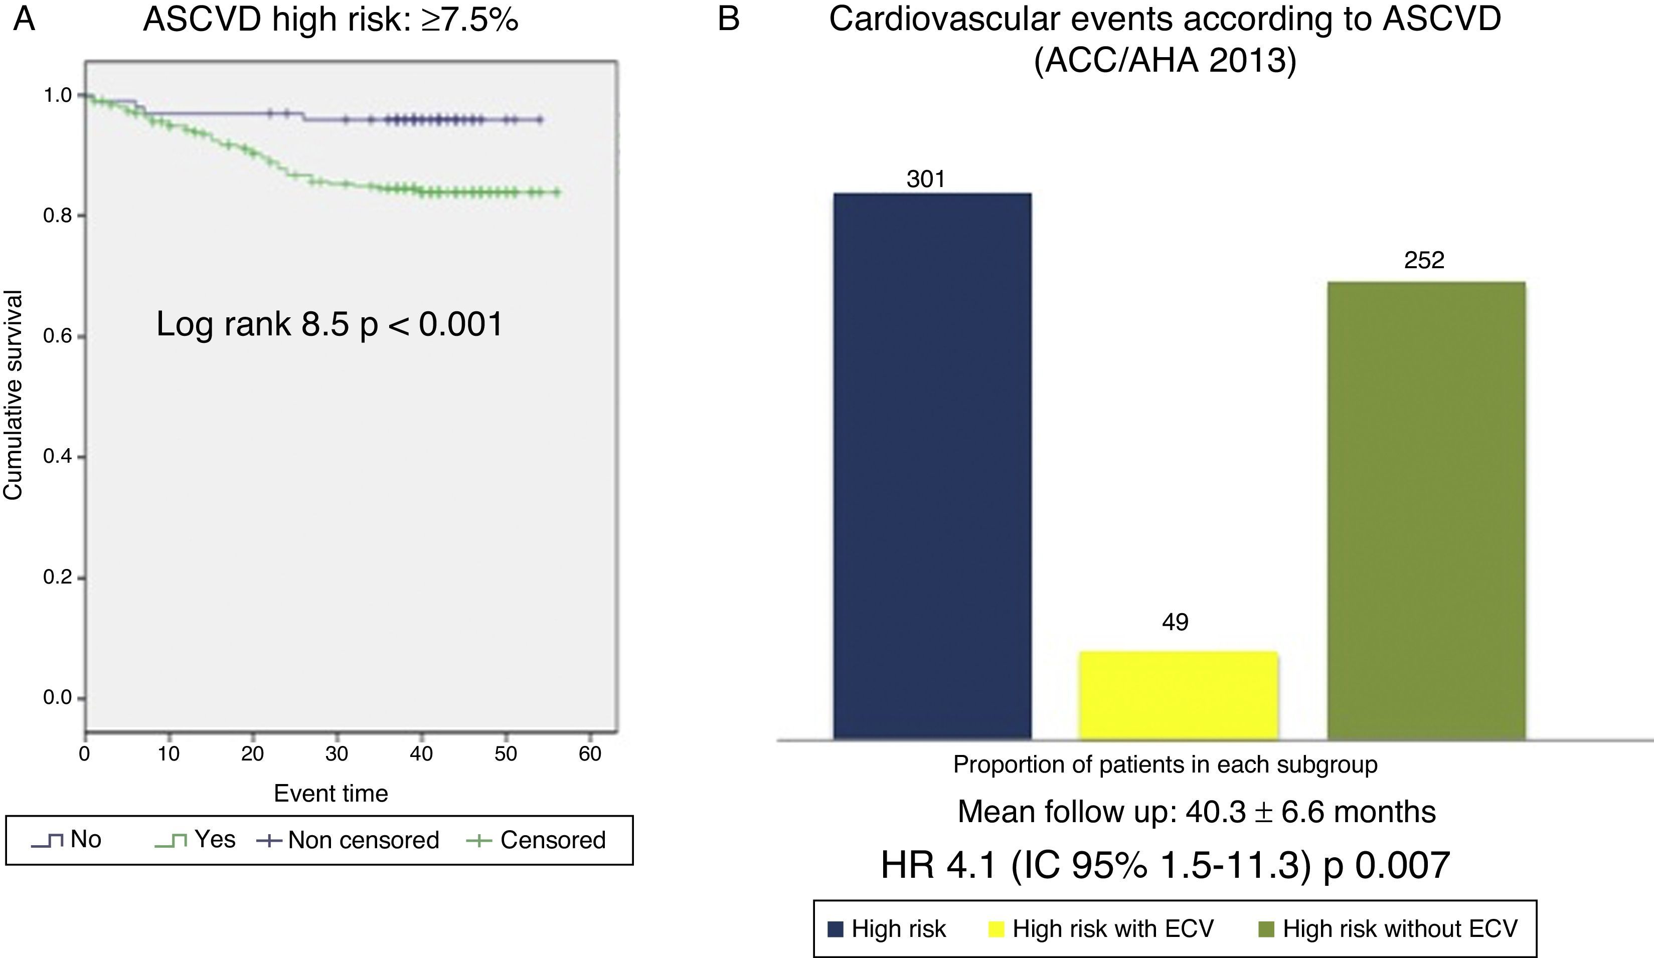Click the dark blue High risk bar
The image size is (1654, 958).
932,466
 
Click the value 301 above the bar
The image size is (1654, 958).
925,178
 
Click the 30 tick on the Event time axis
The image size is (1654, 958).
337,753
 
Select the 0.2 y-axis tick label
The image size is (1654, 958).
58,578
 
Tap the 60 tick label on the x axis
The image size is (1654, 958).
589,753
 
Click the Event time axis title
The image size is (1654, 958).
331,793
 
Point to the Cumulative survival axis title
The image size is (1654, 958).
13,395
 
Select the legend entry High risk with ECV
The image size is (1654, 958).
1112,928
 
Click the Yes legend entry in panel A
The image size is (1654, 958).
214,839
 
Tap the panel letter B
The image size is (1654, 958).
729,19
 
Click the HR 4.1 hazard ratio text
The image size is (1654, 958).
1165,865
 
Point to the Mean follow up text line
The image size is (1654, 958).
1197,812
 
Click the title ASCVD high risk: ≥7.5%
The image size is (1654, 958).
331,20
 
